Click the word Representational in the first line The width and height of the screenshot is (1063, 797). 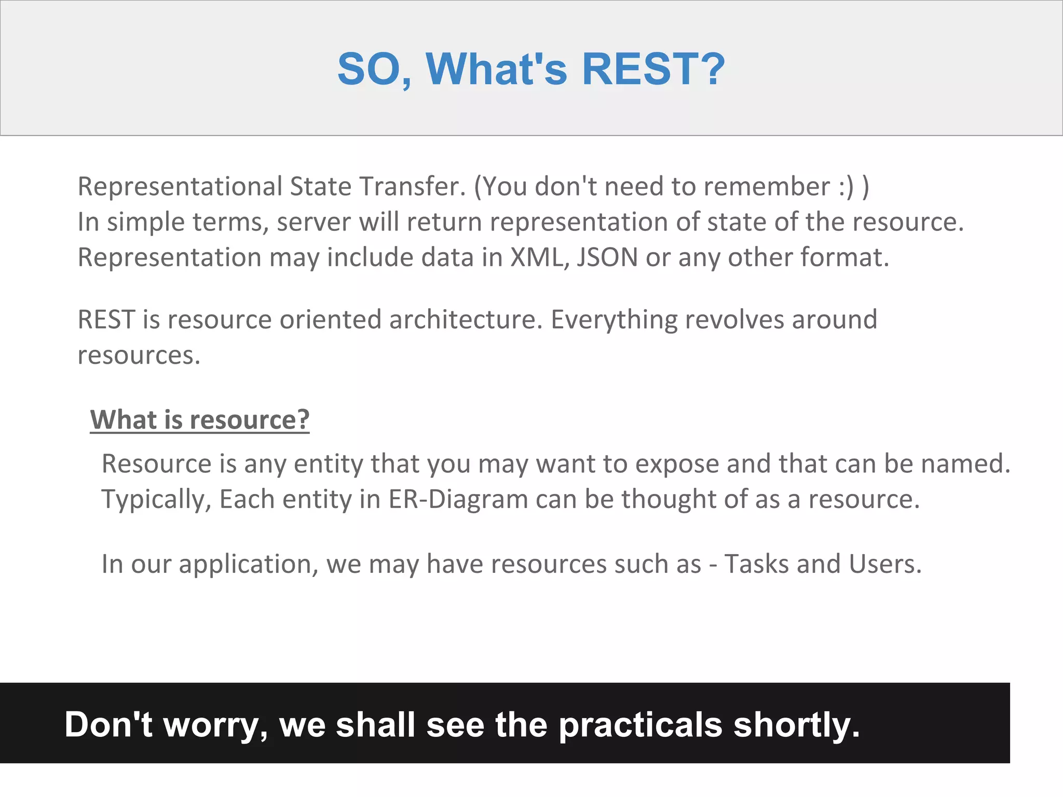point(180,187)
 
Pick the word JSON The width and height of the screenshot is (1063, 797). point(607,257)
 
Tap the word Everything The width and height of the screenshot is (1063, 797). point(614,320)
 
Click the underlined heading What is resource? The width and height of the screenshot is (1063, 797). point(200,419)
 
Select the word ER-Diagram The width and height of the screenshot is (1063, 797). point(458,499)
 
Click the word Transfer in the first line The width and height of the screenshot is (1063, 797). point(412,187)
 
